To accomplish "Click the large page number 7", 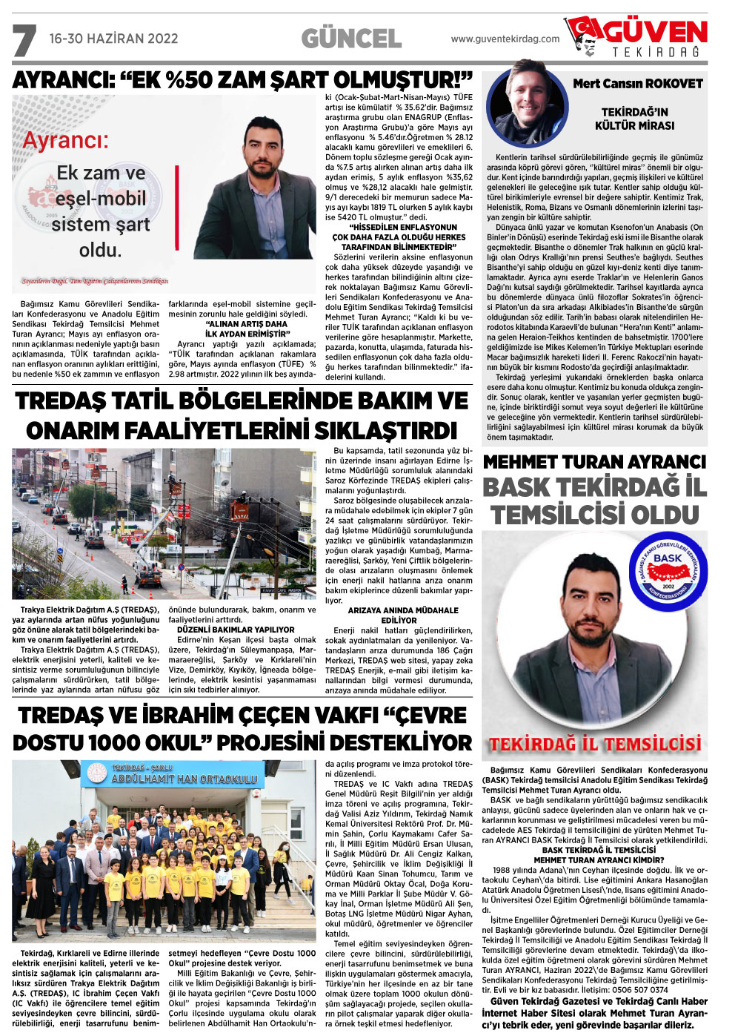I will click(24, 41).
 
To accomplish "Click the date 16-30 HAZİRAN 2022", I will click(113, 39).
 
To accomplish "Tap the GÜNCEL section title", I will click(351, 39).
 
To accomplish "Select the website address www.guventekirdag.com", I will click(505, 39).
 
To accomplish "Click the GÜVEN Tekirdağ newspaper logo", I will click(636, 37).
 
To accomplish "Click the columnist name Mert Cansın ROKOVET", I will click(637, 84).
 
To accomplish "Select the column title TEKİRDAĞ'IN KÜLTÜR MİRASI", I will click(634, 119).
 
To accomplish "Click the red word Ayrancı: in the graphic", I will click(65, 141).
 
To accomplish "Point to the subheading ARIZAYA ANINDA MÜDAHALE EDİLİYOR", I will click(403, 615).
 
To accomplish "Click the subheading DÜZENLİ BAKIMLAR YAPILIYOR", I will click(236, 630).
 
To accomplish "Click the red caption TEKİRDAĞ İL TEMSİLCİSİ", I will click(594, 744).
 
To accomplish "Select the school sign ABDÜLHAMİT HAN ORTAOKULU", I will click(184, 779).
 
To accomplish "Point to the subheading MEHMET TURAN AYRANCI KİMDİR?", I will click(599, 860).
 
